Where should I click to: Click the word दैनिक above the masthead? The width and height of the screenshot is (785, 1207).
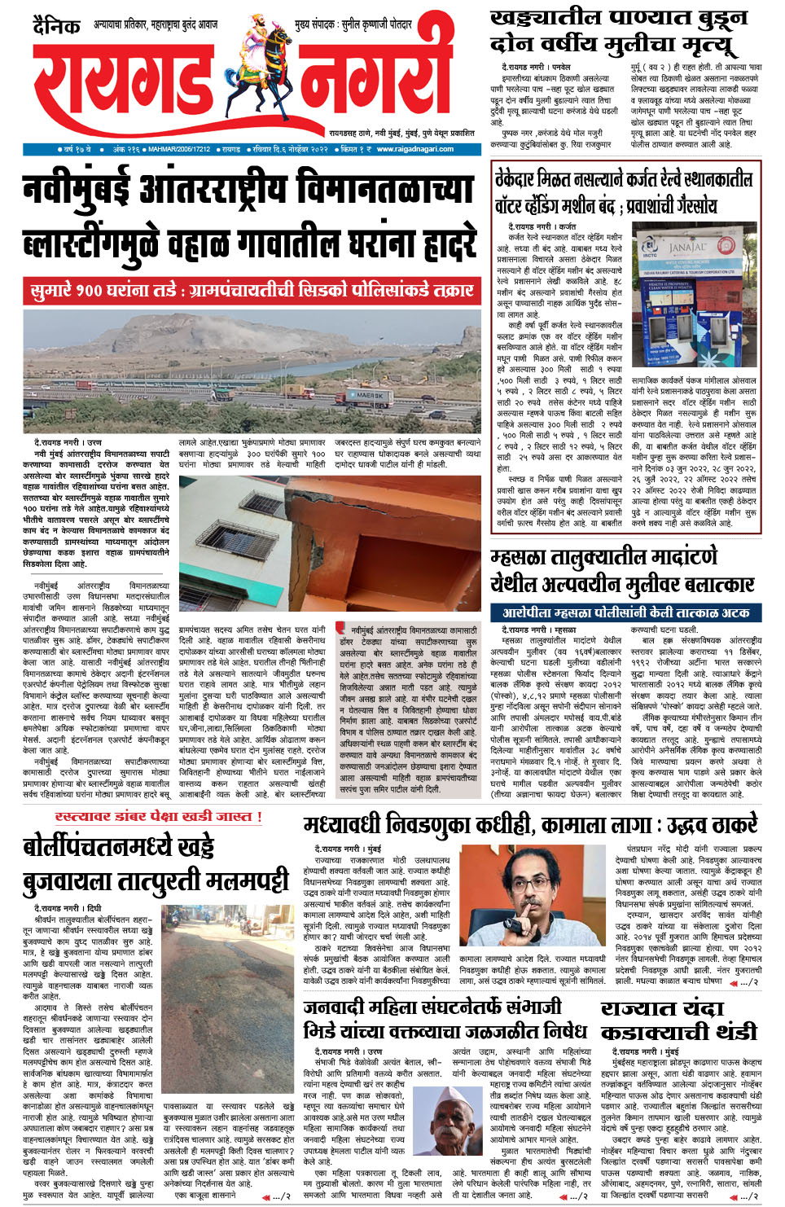(x=56, y=27)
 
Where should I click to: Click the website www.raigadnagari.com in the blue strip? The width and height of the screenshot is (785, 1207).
(x=415, y=149)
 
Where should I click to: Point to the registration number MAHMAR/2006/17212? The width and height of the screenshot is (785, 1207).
(x=179, y=149)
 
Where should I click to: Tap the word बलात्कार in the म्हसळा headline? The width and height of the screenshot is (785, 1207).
(x=704, y=584)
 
